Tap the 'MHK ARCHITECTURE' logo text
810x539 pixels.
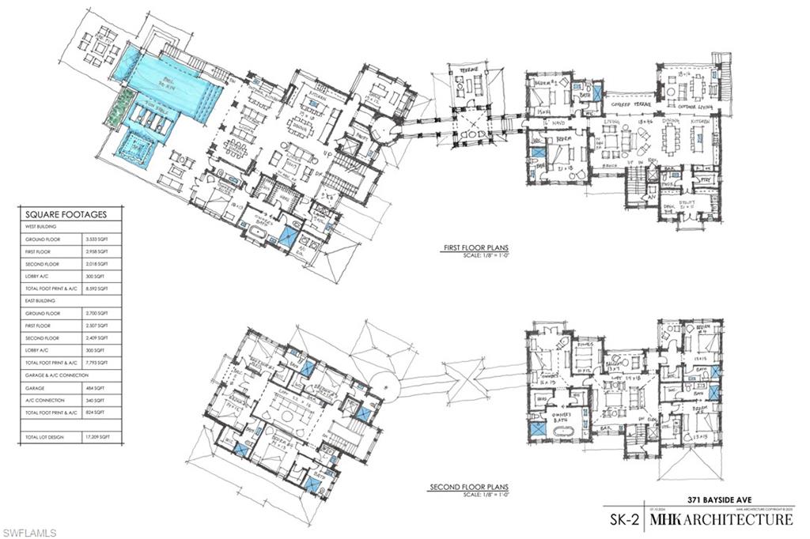coord(721,520)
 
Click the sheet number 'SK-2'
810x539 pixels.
coord(621,520)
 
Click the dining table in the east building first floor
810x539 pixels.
coord(687,142)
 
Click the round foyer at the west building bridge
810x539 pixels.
coord(380,130)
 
